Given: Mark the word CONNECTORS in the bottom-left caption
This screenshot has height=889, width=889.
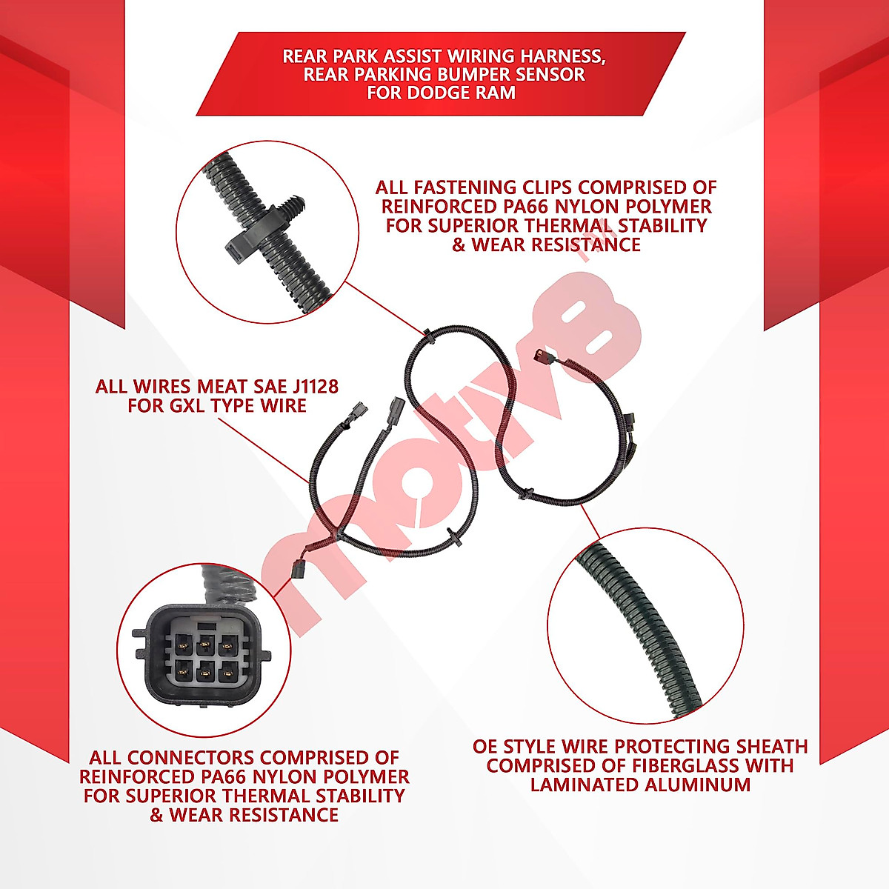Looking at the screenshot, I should [191, 758].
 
